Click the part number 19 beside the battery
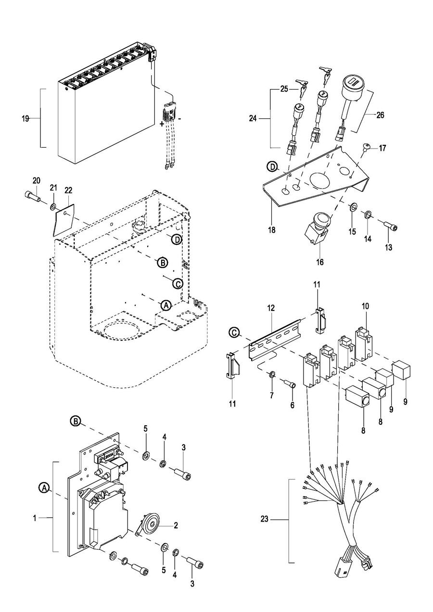tap(25, 119)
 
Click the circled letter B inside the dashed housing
tap(162, 263)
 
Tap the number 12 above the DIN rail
tap(271, 308)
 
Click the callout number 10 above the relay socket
tap(365, 306)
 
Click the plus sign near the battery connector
tap(162, 124)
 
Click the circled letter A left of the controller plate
tap(44, 487)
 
